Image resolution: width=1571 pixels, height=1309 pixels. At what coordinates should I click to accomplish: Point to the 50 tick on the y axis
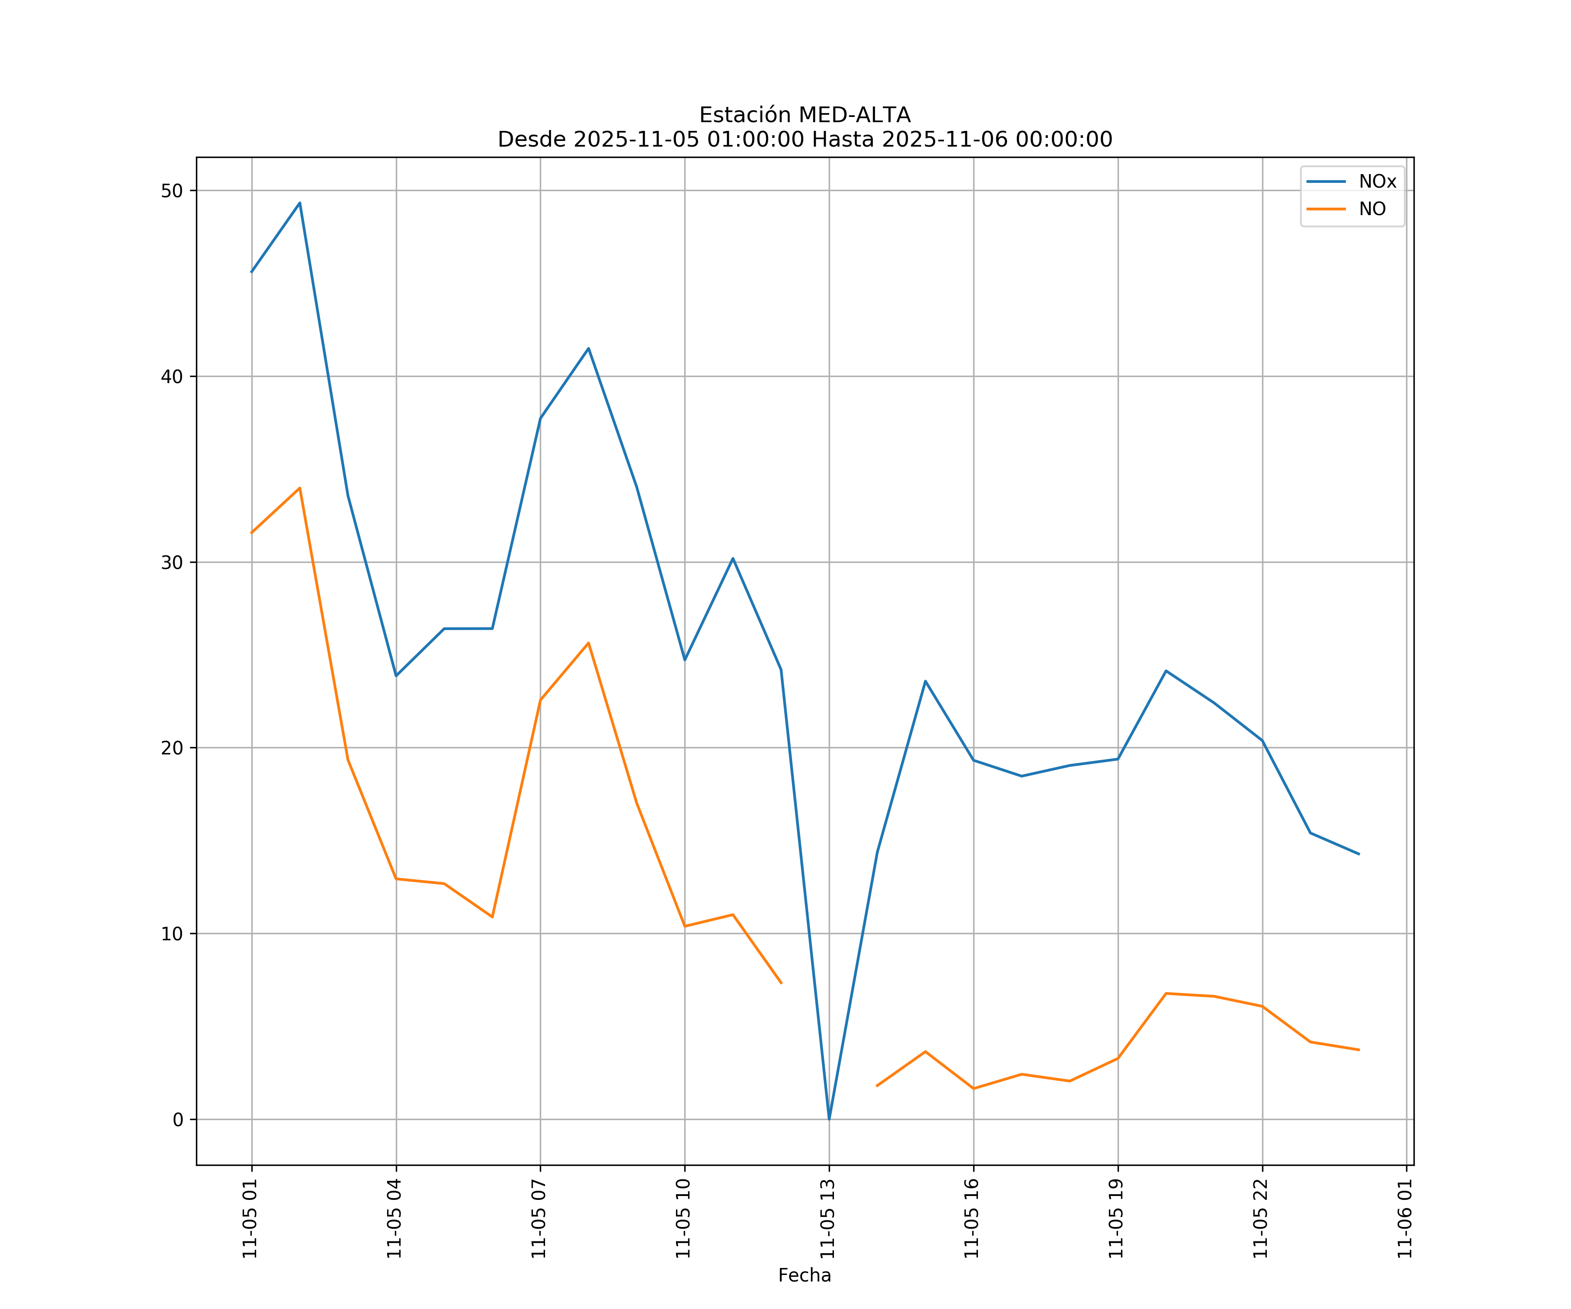pos(172,191)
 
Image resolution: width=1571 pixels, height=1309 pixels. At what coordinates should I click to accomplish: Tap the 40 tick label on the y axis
pos(172,376)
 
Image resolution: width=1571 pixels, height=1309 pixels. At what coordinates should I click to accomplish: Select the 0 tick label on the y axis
pos(177,1120)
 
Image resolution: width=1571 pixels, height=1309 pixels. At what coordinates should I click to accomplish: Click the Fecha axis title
pos(804,1275)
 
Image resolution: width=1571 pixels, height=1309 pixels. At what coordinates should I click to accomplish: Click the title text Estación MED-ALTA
pos(804,115)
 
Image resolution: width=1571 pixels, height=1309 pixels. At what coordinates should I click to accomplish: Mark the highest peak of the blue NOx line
pos(299,203)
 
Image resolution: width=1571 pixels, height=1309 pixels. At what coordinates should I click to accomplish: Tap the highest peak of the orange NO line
pos(299,488)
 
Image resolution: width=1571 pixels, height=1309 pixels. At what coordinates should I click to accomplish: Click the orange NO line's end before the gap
pos(781,983)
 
